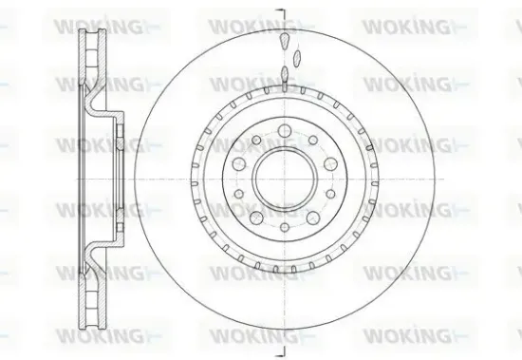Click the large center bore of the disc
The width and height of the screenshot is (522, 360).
tap(284, 178)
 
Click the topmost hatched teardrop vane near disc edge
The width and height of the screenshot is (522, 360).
tap(284, 40)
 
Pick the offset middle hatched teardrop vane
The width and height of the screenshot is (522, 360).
tap(295, 58)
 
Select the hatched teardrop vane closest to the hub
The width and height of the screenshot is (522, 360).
tap(284, 75)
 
